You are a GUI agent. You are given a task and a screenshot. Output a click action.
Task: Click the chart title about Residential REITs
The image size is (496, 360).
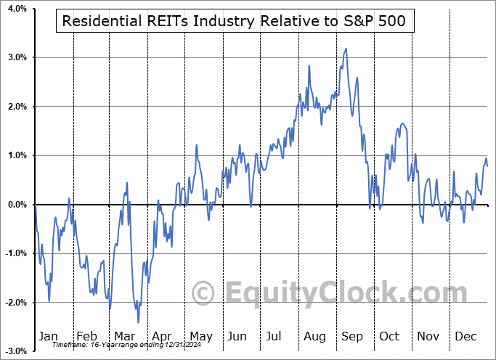pyautogui.click(x=234, y=20)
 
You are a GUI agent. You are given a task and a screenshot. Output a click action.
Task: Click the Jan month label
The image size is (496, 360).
pyautogui.click(x=49, y=336)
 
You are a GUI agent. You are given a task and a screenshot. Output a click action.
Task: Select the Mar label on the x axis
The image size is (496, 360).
pyautogui.click(x=125, y=336)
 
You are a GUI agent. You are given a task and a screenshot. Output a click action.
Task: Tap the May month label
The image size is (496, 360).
pyautogui.click(x=200, y=336)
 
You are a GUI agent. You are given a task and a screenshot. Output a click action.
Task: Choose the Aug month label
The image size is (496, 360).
pyautogui.click(x=315, y=336)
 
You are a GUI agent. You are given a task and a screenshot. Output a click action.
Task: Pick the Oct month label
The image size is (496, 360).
pyautogui.click(x=389, y=336)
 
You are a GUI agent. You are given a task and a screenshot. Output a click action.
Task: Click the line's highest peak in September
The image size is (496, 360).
pyautogui.click(x=346, y=49)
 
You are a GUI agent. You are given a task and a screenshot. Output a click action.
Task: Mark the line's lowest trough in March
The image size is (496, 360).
pyautogui.click(x=138, y=322)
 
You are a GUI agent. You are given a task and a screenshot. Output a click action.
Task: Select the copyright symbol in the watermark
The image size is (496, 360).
pyautogui.click(x=203, y=294)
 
